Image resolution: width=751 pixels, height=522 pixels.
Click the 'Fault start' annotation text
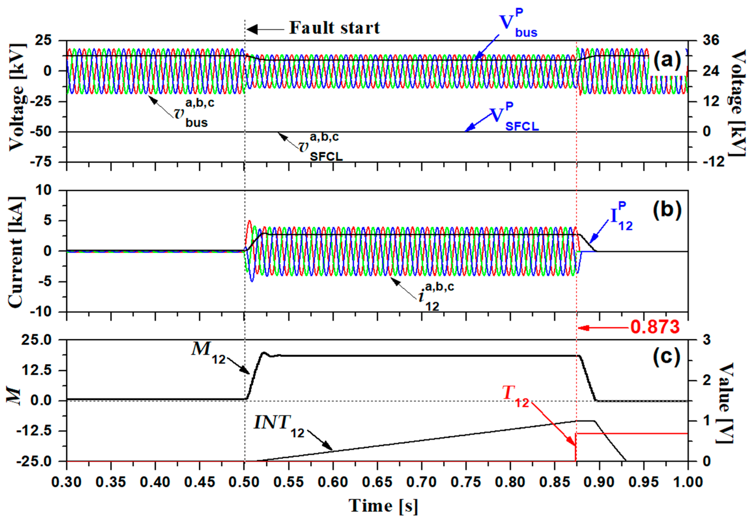pyautogui.click(x=334, y=28)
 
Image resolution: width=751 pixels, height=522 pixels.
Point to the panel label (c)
pyautogui.click(x=667, y=357)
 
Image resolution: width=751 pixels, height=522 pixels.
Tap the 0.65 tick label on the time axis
pyautogui.click(x=377, y=482)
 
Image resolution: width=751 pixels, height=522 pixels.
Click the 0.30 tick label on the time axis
pyautogui.click(x=67, y=482)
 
